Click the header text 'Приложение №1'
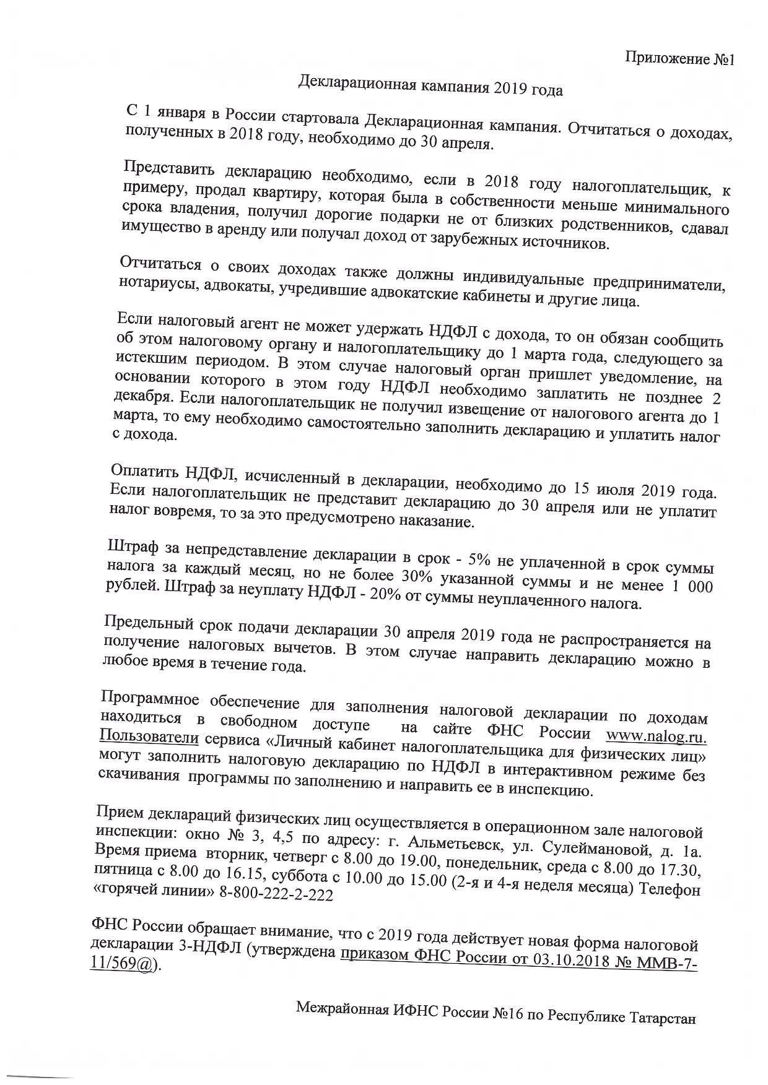point(679,59)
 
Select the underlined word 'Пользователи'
point(149,737)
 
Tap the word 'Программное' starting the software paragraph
point(149,700)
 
